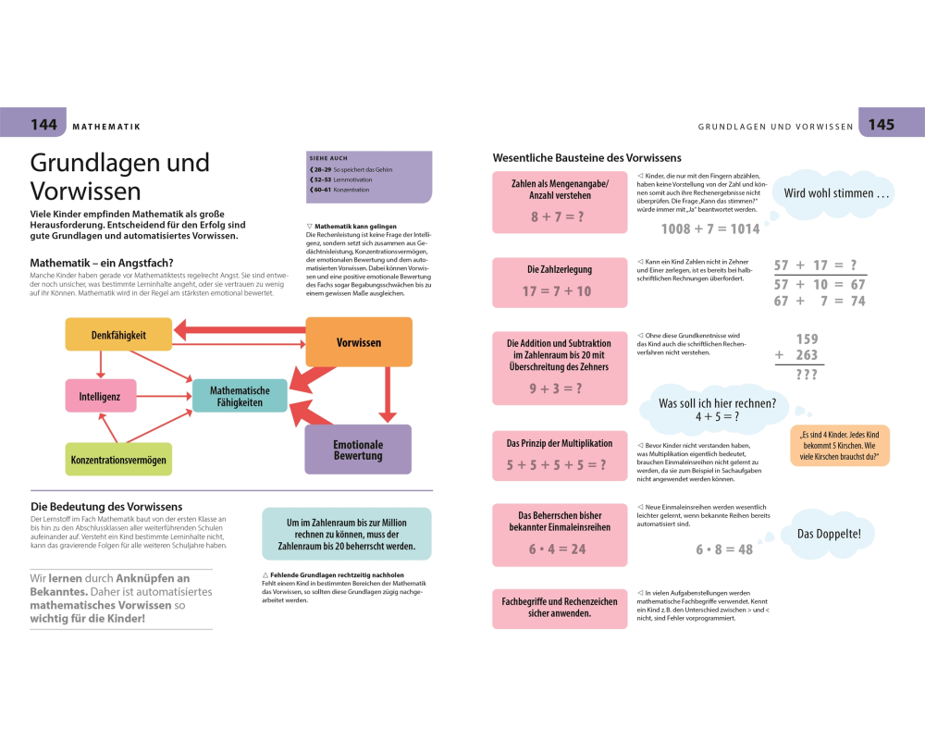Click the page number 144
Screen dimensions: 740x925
[43, 124]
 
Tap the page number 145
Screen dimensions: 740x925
[881, 124]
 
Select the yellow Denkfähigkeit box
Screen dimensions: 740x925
[118, 334]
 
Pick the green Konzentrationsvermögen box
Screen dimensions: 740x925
[118, 459]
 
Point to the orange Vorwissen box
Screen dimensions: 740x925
[358, 342]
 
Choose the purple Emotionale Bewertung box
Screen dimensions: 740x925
[358, 450]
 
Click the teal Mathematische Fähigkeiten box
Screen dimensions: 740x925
[240, 396]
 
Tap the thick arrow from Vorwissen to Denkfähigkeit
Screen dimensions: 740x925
[240, 328]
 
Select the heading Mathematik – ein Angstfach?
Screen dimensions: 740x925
[102, 263]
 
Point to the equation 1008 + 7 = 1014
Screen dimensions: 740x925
[709, 228]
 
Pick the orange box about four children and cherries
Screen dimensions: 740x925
[840, 445]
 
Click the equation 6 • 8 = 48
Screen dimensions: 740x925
[724, 549]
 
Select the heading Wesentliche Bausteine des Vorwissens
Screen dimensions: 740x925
[586, 157]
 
